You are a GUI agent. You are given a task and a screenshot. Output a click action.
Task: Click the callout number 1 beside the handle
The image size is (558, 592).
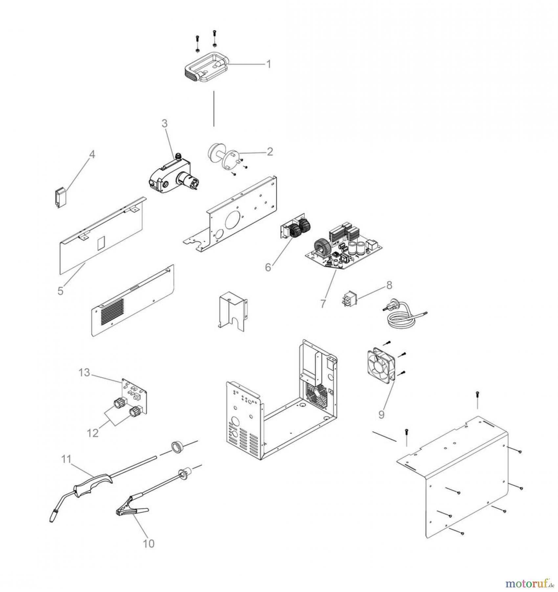tap(269, 64)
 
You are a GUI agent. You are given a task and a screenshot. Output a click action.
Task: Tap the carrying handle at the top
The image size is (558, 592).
tap(204, 68)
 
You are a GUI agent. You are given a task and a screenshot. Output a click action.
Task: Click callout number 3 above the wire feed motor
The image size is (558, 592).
tap(165, 123)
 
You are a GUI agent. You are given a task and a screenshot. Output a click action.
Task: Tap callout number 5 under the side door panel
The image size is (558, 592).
tap(60, 291)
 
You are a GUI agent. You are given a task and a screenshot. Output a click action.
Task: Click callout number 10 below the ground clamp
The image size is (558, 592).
tap(148, 543)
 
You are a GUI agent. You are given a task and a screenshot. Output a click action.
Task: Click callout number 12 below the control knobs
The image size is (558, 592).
tap(93, 433)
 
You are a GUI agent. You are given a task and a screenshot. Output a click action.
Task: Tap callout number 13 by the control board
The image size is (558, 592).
tap(84, 373)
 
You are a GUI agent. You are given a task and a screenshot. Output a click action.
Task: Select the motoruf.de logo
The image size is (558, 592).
tap(528, 583)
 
